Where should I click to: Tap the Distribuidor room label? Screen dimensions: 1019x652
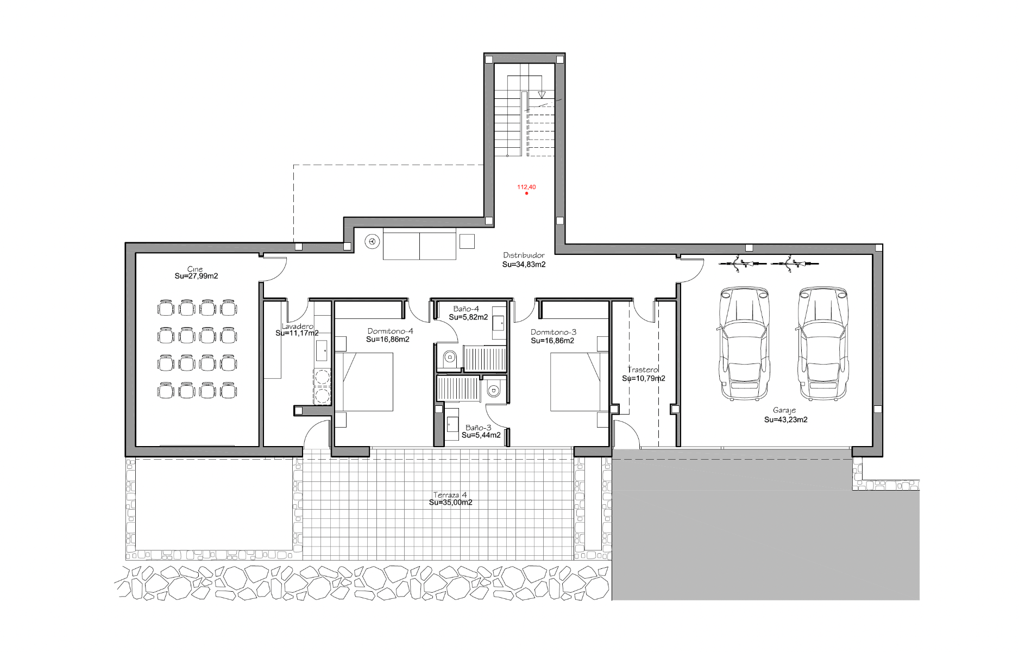tap(524, 255)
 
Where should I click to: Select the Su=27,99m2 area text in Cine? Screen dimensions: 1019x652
tap(196, 276)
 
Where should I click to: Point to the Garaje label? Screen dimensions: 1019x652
tap(784, 411)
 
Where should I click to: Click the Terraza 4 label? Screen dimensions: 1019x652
tap(450, 495)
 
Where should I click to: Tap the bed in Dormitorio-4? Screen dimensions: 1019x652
tap(364, 381)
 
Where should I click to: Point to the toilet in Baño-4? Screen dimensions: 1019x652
tap(449, 358)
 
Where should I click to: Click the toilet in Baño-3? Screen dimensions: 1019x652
tap(493, 390)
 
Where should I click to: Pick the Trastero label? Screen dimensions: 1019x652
tap(643, 369)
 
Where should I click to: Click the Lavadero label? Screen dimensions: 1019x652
tap(297, 326)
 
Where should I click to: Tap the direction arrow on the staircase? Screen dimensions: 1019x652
tap(542, 95)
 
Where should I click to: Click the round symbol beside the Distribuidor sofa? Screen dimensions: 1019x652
tap(372, 242)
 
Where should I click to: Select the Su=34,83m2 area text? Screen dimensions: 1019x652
tap(524, 265)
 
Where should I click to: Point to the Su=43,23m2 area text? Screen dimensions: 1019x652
tap(785, 419)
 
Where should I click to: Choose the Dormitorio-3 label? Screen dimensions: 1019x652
tap(553, 332)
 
